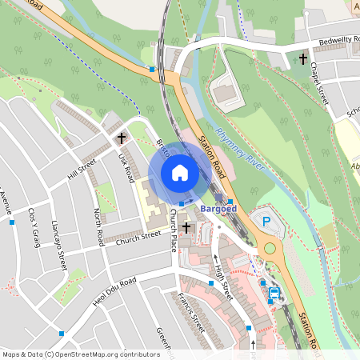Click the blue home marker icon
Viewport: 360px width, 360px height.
tap(180, 172)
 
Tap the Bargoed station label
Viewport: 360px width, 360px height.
tap(218, 208)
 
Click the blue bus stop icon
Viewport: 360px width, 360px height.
tap(274, 294)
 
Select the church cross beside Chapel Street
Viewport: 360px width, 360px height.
tap(303, 59)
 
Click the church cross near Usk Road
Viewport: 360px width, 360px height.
tap(122, 138)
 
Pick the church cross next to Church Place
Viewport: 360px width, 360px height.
tap(186, 228)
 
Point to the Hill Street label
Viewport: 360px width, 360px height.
tap(82, 170)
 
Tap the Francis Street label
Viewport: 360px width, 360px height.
tap(192, 314)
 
